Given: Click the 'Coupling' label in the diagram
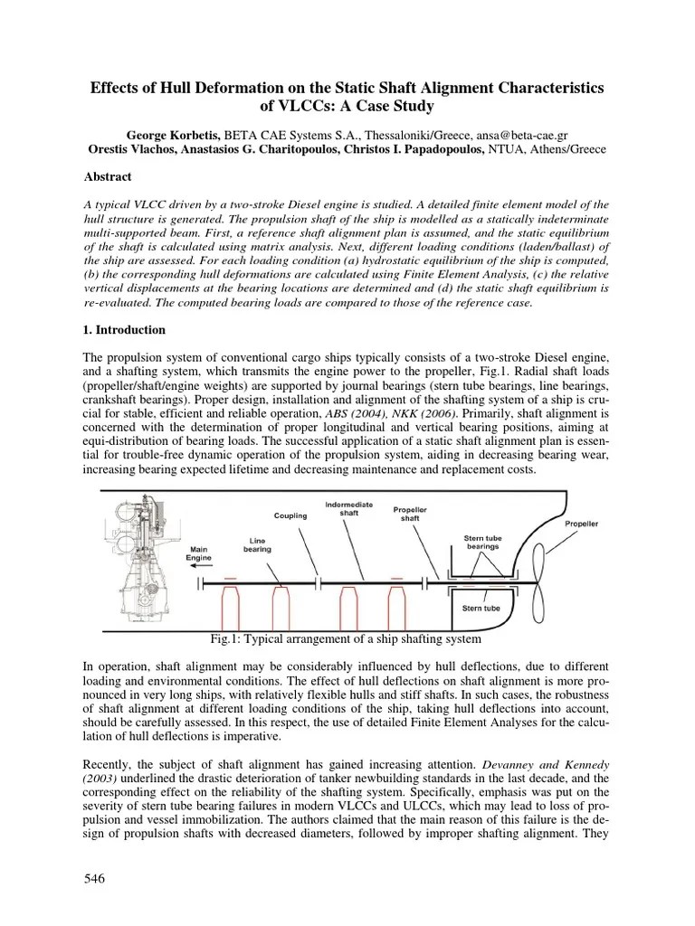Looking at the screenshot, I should pos(292,516).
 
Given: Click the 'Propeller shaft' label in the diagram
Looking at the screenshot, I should pos(412,515).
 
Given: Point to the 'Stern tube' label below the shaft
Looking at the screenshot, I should pos(480,609).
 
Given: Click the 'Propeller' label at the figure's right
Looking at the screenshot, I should pos(581,524).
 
